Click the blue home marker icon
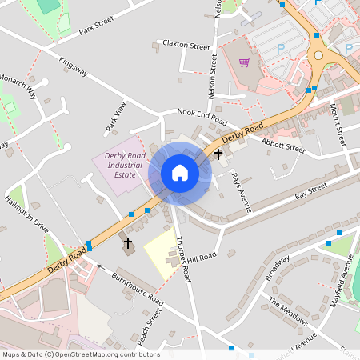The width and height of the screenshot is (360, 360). click(x=180, y=173)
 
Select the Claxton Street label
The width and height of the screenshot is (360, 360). click(x=186, y=44)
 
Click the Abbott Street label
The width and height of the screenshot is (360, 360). click(x=284, y=144)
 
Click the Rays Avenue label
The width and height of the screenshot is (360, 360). click(x=242, y=192)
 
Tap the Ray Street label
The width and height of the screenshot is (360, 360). click(x=311, y=190)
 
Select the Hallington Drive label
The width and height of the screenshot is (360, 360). click(x=27, y=214)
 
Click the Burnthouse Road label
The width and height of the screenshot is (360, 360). click(x=138, y=289)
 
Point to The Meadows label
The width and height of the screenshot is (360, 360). click(x=288, y=313)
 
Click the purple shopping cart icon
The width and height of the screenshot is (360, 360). click(x=244, y=62)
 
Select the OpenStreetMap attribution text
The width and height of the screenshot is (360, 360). click(x=81, y=354)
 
